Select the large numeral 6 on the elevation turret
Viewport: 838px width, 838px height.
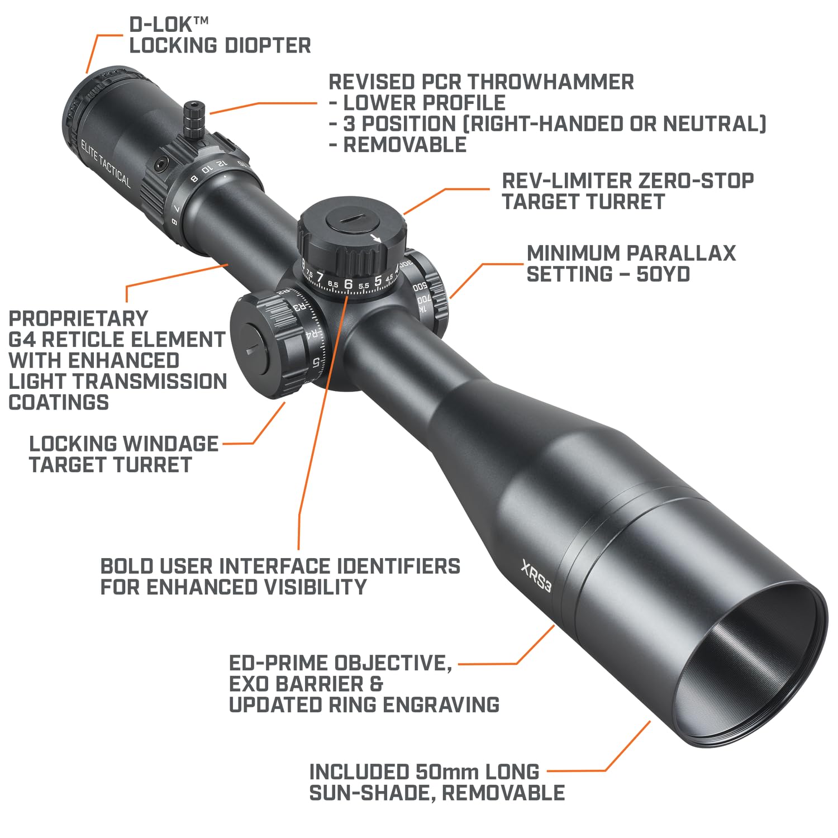click(x=349, y=283)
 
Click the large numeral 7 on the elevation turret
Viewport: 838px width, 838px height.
click(x=320, y=277)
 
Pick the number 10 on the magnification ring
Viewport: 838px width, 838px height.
click(x=207, y=170)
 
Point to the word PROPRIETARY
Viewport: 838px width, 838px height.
click(x=79, y=318)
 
